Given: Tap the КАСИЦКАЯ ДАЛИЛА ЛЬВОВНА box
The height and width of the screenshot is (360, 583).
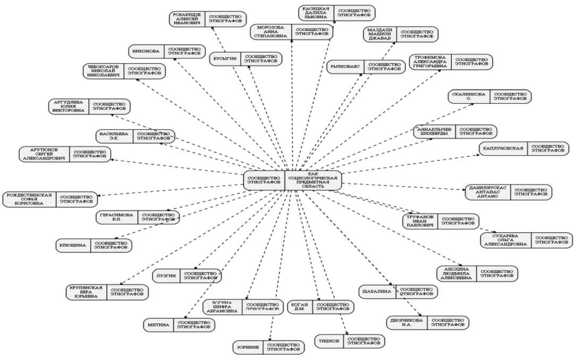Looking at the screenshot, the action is (x=336, y=13).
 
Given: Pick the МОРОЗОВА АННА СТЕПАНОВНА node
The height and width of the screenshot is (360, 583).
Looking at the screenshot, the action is (x=292, y=32).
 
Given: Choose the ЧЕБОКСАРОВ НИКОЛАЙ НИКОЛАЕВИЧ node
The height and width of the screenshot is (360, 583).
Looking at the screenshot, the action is (x=124, y=71).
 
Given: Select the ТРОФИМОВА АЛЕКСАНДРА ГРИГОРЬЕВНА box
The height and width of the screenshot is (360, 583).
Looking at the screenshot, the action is (x=451, y=62).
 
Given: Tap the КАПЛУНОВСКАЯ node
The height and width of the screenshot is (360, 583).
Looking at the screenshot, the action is (x=523, y=148).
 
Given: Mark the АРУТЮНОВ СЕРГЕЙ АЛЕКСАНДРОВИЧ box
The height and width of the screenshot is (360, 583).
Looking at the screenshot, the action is (x=65, y=154).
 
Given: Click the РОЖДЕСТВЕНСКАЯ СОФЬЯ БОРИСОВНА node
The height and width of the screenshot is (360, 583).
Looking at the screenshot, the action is (x=50, y=199).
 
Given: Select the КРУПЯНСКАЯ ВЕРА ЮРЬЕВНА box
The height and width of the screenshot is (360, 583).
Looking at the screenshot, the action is (x=106, y=292).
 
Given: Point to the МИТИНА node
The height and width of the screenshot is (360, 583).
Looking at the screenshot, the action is (x=180, y=325).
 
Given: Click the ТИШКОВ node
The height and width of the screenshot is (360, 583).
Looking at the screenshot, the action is (x=349, y=341).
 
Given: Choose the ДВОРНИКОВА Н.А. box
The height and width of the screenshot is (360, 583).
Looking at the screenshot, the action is (x=427, y=323).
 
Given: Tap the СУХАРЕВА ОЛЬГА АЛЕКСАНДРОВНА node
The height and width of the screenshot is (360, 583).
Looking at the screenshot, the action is (x=526, y=240).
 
